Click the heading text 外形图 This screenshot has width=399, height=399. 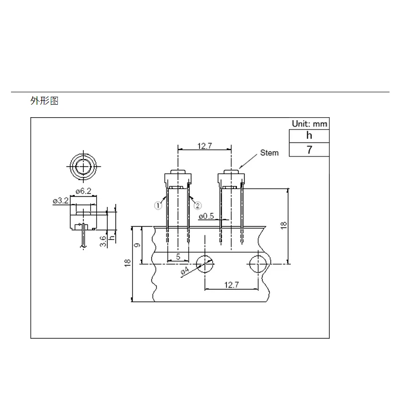[44, 101]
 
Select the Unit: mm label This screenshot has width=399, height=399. [310, 124]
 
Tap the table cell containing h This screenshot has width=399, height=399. [309, 136]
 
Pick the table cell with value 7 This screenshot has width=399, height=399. [309, 149]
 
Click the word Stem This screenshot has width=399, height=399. [269, 153]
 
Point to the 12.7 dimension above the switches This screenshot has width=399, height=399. [205, 146]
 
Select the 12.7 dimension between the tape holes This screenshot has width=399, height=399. [231, 285]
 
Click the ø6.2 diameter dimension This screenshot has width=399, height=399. [82, 191]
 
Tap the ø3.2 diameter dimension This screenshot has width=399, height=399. [60, 200]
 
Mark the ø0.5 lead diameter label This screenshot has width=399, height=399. [206, 216]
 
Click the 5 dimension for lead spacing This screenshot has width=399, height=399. [178, 257]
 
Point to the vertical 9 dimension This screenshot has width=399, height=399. [138, 245]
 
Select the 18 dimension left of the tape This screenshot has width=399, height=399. [127, 263]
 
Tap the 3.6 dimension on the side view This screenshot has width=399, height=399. [103, 241]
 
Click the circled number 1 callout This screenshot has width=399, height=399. [158, 205]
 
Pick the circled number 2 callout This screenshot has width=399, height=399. [197, 205]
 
